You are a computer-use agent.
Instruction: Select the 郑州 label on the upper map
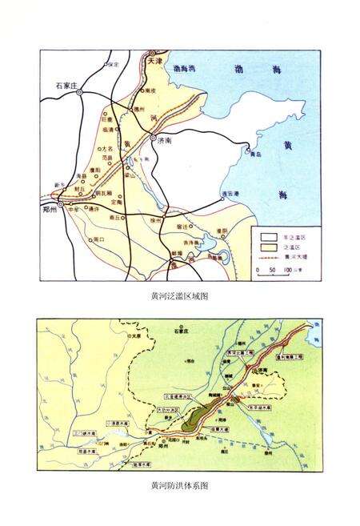[52, 207]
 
